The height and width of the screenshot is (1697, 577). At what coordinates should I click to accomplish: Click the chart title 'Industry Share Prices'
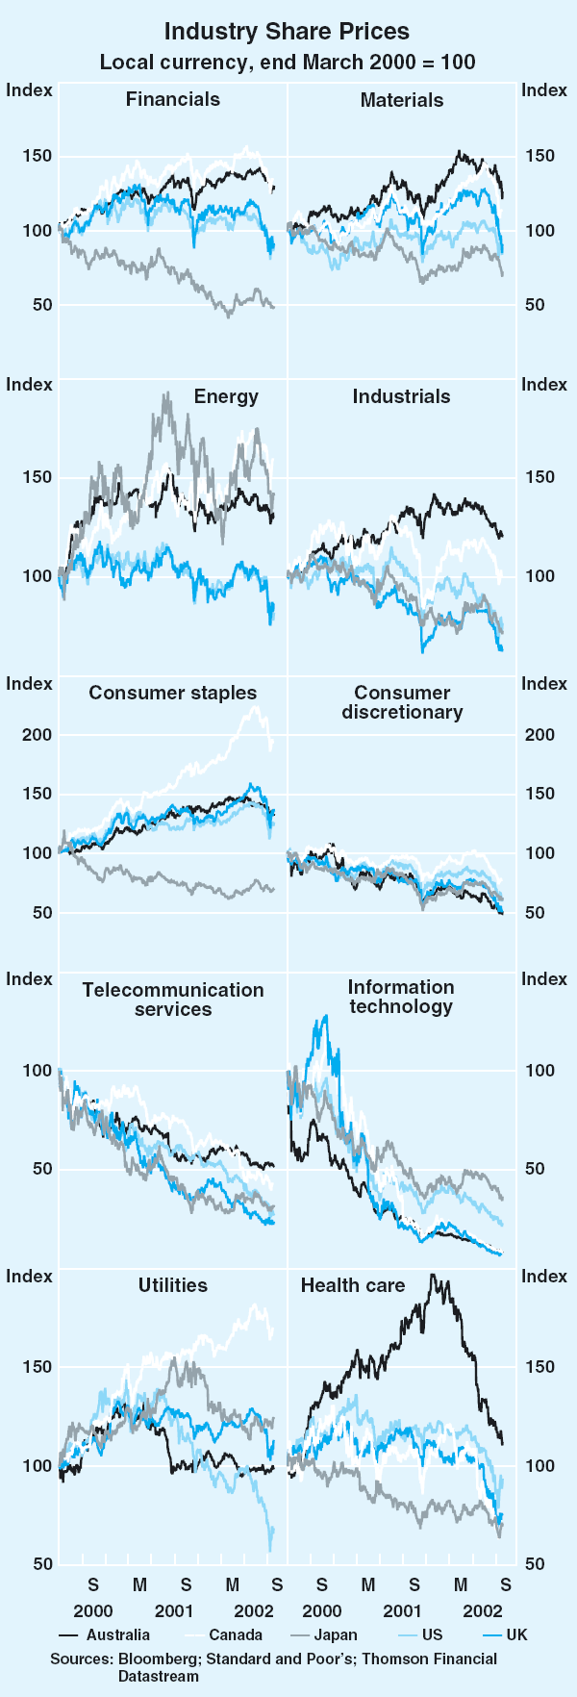pos(287,32)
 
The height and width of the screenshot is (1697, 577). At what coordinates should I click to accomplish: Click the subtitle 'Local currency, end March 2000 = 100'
pos(288,63)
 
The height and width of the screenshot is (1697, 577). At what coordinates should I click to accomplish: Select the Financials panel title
pos(173,99)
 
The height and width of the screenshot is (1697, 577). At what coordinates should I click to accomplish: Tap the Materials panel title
pos(402,100)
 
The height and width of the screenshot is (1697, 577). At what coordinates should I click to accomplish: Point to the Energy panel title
pos(226,396)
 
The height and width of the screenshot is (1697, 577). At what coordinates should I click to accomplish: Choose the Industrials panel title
pos(401,396)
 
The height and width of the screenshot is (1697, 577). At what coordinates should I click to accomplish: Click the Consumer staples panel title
pos(173,693)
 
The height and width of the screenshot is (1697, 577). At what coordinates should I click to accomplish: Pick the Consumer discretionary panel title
pos(402,702)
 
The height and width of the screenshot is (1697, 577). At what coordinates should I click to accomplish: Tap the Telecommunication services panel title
pos(173,999)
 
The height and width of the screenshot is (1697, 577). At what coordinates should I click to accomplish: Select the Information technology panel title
pos(401,997)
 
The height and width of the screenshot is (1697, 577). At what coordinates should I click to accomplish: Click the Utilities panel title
pos(173,1285)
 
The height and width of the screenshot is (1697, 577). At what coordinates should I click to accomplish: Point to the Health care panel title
pos(353,1285)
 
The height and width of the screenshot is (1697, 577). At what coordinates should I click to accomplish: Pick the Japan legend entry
pos(335,1634)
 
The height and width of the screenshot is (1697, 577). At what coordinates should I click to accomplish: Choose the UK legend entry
pos(516,1634)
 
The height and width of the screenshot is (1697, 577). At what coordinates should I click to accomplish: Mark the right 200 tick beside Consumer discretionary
pos(539,735)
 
